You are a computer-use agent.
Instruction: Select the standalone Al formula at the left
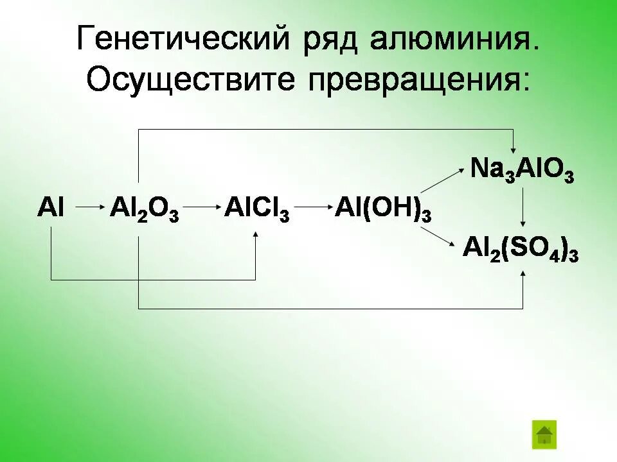click(x=51, y=209)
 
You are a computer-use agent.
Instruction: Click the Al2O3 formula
click(x=144, y=210)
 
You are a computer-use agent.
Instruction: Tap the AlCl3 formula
click(x=256, y=210)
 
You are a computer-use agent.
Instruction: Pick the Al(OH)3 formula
click(x=382, y=210)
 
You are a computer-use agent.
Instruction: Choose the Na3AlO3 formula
click(x=521, y=171)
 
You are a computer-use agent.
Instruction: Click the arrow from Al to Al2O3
click(x=90, y=207)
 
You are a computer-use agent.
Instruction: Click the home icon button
click(x=544, y=434)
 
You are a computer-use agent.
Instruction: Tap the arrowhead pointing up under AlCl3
click(x=256, y=236)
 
